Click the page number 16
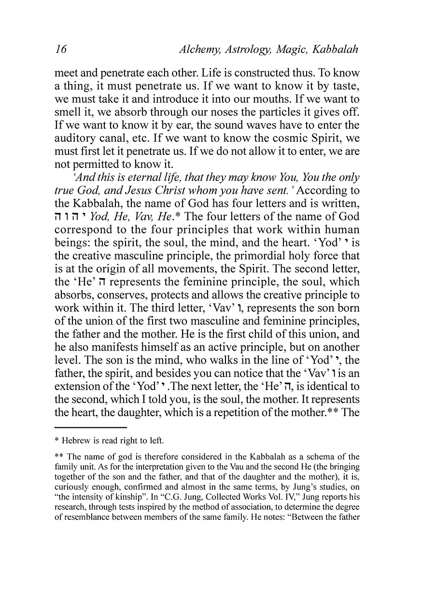(61, 50)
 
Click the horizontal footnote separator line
(91, 427)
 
